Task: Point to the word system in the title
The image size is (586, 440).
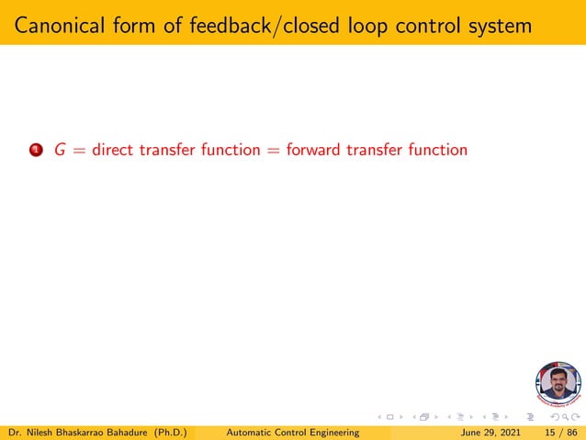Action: click(x=497, y=25)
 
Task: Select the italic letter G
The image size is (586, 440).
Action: click(x=60, y=150)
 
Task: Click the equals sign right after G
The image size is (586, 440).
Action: click(x=79, y=150)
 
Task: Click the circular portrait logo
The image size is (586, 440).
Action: click(x=558, y=385)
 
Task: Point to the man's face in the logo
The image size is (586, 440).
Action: click(x=558, y=380)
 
